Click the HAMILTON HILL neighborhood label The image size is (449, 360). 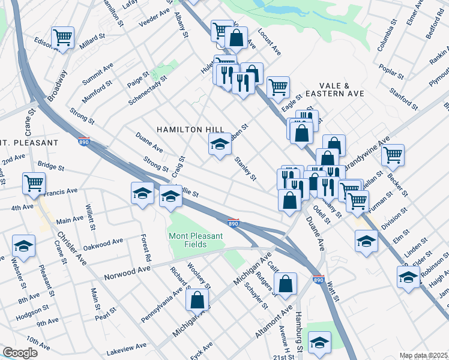[x=190, y=129]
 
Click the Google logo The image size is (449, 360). [x=20, y=353]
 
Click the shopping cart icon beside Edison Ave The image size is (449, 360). [x=62, y=38]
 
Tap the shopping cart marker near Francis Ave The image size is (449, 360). [x=34, y=183]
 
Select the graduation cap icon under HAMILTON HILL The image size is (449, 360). [x=220, y=145]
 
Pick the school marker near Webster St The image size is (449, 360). [x=24, y=246]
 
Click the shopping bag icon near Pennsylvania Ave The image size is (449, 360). [x=197, y=301]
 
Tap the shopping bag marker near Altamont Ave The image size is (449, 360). [x=286, y=283]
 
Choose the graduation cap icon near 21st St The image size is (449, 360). [x=319, y=342]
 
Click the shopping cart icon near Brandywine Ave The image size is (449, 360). [x=393, y=155]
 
